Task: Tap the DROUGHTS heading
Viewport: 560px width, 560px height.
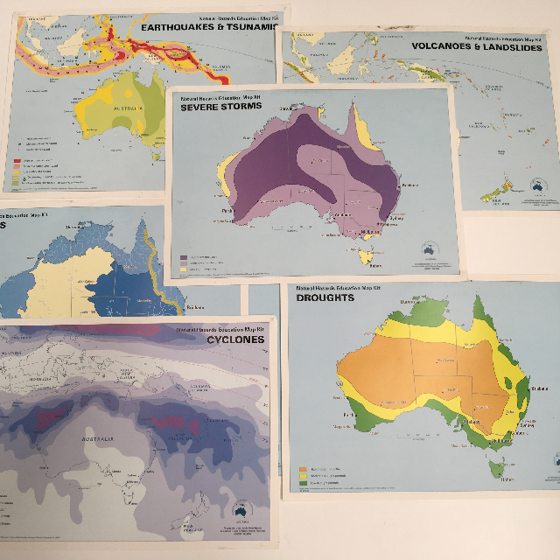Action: [x=325, y=297]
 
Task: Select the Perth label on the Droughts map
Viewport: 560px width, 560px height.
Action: [x=349, y=412]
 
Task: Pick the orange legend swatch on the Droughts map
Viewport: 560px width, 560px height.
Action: [x=303, y=469]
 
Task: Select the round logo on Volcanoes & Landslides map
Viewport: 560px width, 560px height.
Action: [x=538, y=186]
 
